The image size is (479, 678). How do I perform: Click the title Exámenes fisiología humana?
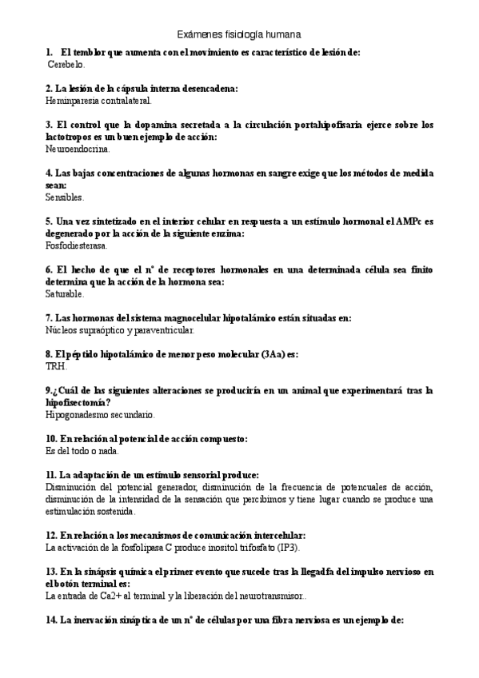point(239,34)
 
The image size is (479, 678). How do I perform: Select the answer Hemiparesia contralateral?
point(98,101)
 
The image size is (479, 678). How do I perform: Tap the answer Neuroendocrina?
point(78,149)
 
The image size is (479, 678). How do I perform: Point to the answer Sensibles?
point(65,197)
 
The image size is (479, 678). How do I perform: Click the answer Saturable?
point(66,293)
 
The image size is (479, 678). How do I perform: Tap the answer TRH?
point(57,366)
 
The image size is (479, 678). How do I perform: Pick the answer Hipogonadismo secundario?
point(101,415)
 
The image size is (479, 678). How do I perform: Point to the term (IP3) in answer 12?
point(284,548)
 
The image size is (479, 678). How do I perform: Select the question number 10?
point(52,439)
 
